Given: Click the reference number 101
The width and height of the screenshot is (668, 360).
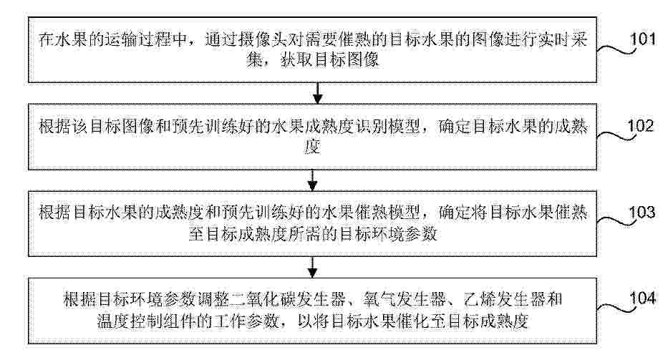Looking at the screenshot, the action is pos(643,39).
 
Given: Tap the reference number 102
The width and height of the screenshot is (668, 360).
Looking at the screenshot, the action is pos(640,126).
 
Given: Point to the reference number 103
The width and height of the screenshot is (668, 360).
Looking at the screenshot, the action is pos(642,212).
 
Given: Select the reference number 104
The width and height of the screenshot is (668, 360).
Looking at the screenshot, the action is pos(643,298).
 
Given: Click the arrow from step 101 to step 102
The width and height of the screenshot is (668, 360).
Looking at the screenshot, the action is pos(317,93).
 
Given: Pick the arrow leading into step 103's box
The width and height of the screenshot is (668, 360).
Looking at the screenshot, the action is pos(313,180).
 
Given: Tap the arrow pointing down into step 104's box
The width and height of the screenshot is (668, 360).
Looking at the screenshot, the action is pos(313,267).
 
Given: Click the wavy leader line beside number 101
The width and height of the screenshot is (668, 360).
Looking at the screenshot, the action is pos(616,50).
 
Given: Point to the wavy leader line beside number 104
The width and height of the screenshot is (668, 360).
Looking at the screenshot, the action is pos(616,308).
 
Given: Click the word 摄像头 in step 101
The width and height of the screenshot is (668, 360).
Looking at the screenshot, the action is pos(271,40).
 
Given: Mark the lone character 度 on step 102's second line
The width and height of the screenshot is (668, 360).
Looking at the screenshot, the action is pos(312,147).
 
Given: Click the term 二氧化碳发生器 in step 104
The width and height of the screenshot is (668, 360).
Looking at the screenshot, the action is pos(289,299).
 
